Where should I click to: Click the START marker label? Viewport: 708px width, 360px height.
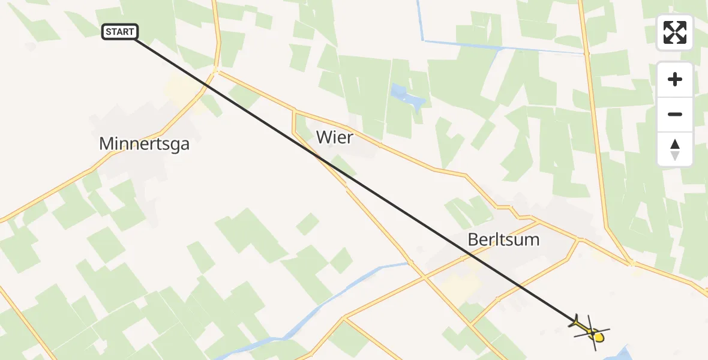click(x=121, y=32)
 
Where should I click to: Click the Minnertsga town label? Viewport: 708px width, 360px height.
click(x=144, y=144)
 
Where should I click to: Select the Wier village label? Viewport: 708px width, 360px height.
click(x=334, y=137)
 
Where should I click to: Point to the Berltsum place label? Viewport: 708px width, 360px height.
click(x=503, y=240)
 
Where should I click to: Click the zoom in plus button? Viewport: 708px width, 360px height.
click(x=675, y=79)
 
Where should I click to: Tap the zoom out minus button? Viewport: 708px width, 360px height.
click(x=675, y=114)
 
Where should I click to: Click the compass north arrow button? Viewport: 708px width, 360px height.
click(x=675, y=149)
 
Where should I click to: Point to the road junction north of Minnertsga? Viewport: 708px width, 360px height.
click(x=216, y=71)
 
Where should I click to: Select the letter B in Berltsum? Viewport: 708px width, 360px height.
click(x=473, y=240)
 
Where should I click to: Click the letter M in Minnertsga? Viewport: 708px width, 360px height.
click(x=107, y=144)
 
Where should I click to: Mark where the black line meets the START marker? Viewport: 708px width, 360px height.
click(x=135, y=39)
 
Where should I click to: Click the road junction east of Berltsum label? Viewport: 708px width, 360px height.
click(x=579, y=239)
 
